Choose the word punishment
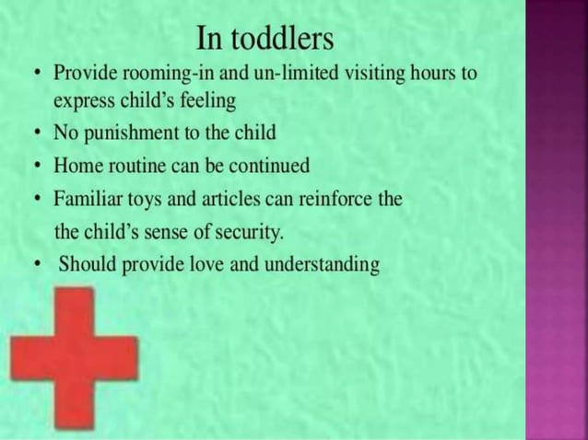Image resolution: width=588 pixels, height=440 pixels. click(126, 133)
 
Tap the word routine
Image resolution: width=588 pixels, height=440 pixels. click(136, 167)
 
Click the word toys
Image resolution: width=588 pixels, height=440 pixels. click(147, 200)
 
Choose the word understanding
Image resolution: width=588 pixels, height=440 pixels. click(322, 266)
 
